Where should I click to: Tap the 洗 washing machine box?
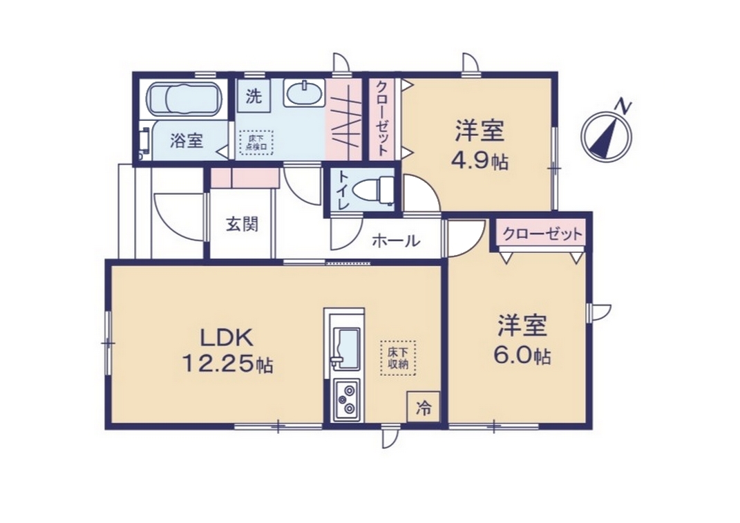(254, 96)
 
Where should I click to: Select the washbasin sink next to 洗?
(304, 93)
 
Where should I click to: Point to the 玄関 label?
(242, 225)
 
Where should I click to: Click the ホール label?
(395, 241)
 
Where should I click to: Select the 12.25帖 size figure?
(227, 363)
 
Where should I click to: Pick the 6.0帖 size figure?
(522, 355)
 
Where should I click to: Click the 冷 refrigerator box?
(424, 407)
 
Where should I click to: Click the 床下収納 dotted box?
(398, 359)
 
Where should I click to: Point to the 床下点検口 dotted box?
(256, 142)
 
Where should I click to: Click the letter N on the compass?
(625, 106)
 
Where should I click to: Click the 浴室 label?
(187, 140)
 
